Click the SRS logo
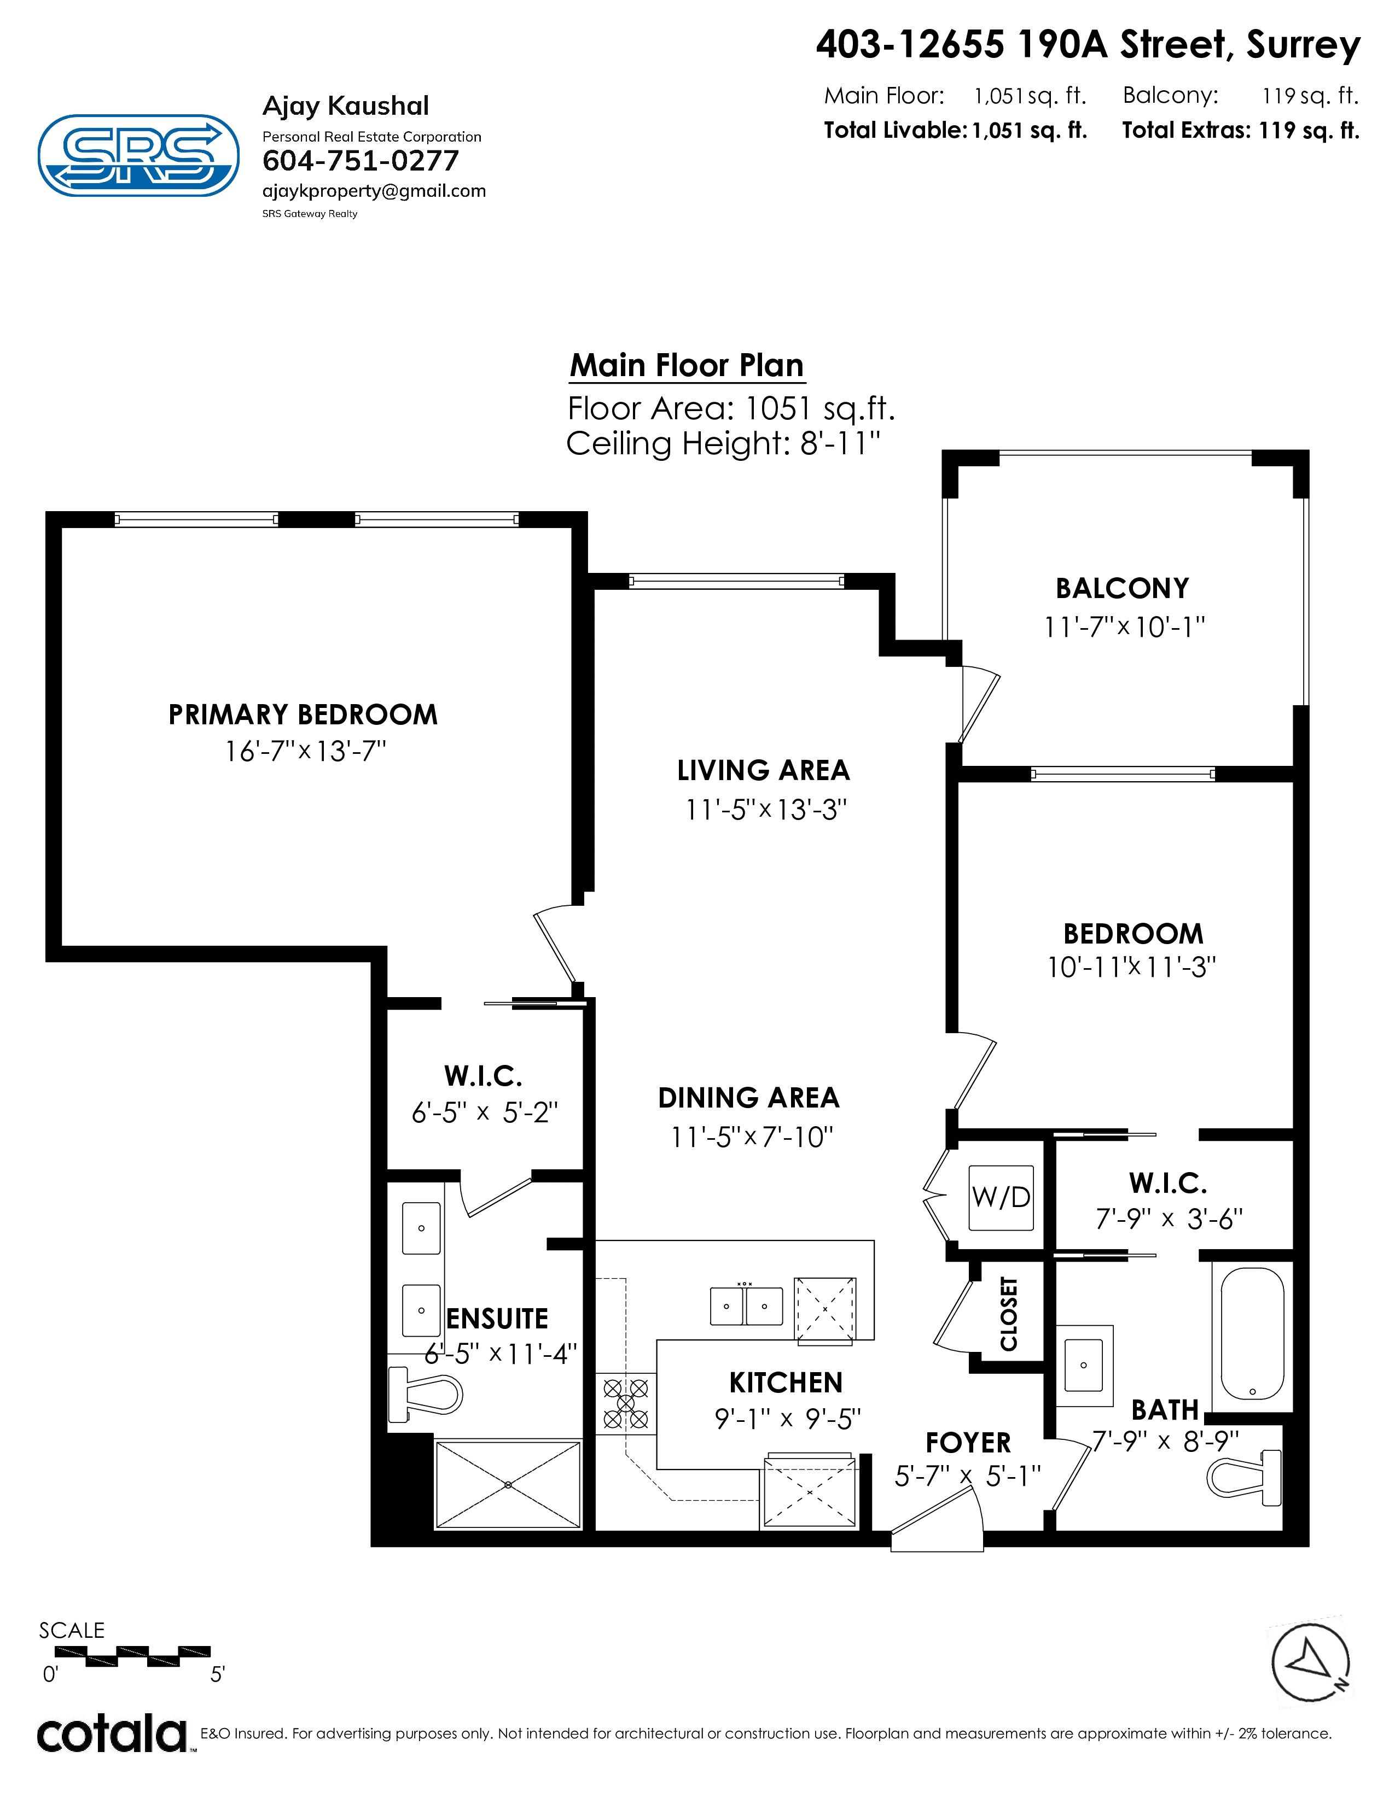[x=139, y=155]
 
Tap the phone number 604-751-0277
[x=361, y=161]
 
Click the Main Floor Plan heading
[x=687, y=365]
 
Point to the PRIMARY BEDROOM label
[x=303, y=714]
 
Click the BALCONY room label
[x=1122, y=588]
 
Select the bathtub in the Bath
[x=1252, y=1334]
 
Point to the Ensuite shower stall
[x=508, y=1485]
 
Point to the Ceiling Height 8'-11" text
[x=723, y=443]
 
